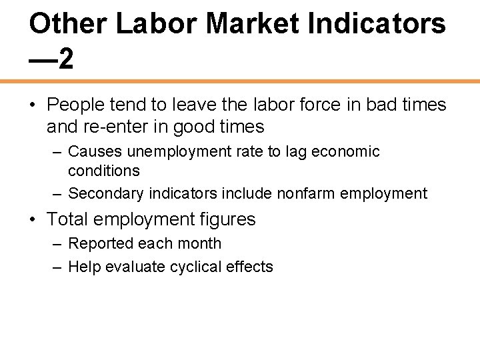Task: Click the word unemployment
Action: [169, 151]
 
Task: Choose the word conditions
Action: [104, 171]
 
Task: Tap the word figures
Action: [229, 219]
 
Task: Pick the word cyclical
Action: [200, 267]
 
